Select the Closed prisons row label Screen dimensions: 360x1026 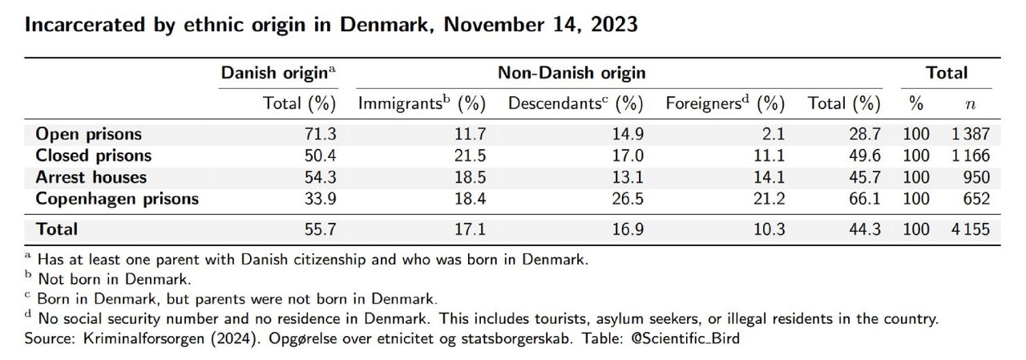coord(93,156)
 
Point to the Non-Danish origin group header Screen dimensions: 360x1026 coord(572,73)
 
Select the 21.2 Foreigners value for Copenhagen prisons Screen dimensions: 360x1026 coord(767,199)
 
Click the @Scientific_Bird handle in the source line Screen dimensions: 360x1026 coord(689,339)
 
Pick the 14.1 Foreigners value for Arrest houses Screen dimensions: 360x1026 coord(767,177)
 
